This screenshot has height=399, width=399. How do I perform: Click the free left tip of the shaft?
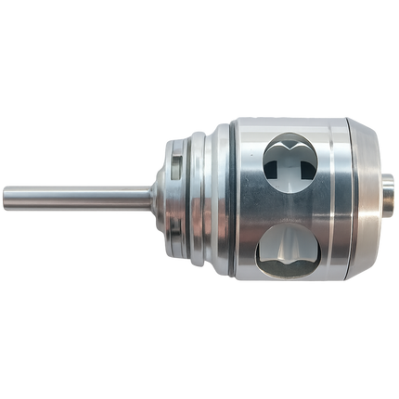[x=4, y=197]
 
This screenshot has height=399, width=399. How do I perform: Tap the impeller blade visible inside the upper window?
[x=295, y=162]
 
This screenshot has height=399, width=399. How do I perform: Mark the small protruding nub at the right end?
[x=388, y=199]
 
